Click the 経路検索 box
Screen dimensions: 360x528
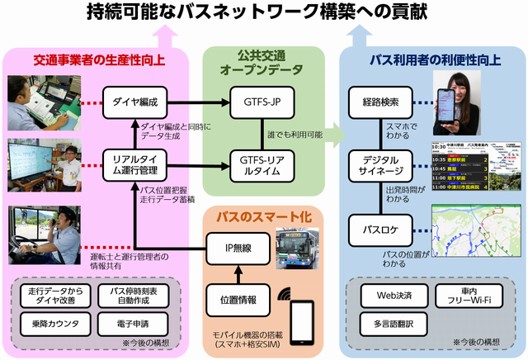tap(380, 103)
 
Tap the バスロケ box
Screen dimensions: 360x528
tap(380, 225)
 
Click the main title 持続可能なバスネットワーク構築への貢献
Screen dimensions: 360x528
tap(264, 12)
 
